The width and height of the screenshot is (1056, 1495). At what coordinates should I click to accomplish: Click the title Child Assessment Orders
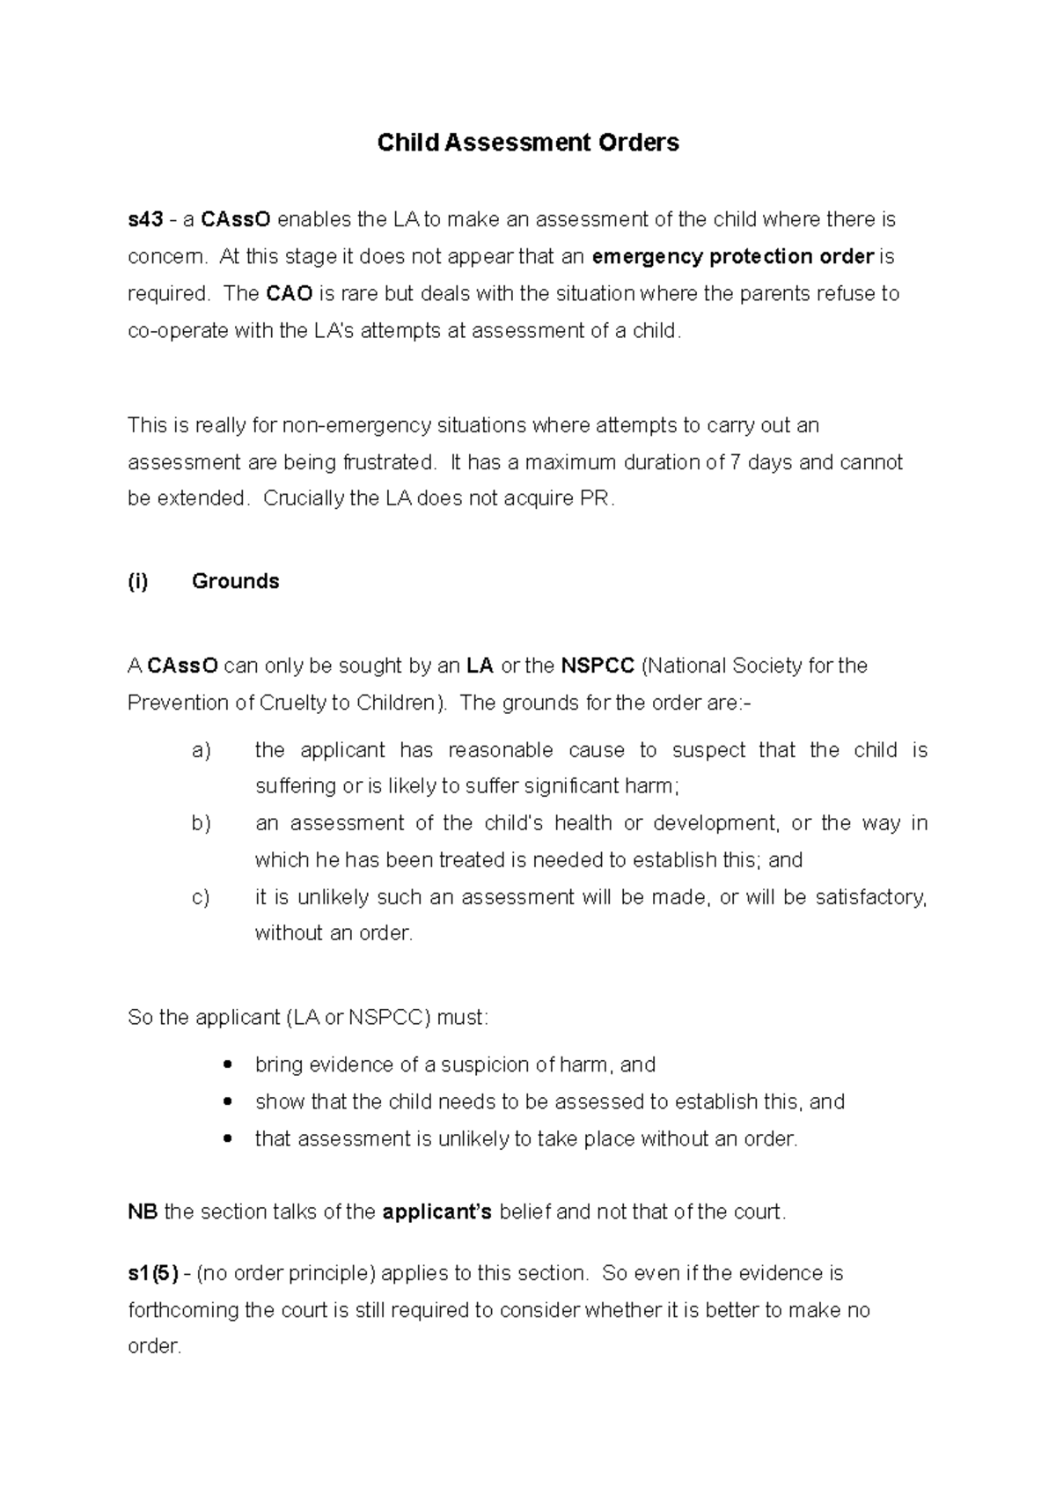[528, 143]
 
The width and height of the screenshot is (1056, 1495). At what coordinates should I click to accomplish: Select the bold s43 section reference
[145, 219]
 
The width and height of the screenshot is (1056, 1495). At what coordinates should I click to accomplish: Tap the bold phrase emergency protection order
[733, 256]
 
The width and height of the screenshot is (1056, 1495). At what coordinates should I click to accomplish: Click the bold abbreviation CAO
[290, 293]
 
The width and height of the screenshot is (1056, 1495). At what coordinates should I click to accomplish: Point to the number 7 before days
[736, 462]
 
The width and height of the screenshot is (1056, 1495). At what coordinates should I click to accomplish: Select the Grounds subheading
[235, 581]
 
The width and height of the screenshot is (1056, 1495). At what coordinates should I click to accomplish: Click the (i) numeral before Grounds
[138, 581]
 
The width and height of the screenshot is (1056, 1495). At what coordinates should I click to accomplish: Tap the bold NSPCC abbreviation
[598, 666]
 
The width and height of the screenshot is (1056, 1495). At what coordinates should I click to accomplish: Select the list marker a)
[202, 750]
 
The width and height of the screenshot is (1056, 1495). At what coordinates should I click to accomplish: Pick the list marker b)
[202, 823]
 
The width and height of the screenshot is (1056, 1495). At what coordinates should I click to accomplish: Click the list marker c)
[201, 897]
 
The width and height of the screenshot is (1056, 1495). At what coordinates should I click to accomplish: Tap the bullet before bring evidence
[229, 1065]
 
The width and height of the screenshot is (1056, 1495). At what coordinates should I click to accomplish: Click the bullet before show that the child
[229, 1102]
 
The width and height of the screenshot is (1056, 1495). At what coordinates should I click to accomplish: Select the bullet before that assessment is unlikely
[229, 1139]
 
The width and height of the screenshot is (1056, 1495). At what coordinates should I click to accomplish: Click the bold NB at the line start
[143, 1212]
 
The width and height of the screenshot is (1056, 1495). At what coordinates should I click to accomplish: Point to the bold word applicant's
[437, 1212]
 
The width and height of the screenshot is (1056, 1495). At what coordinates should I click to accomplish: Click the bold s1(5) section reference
[153, 1273]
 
